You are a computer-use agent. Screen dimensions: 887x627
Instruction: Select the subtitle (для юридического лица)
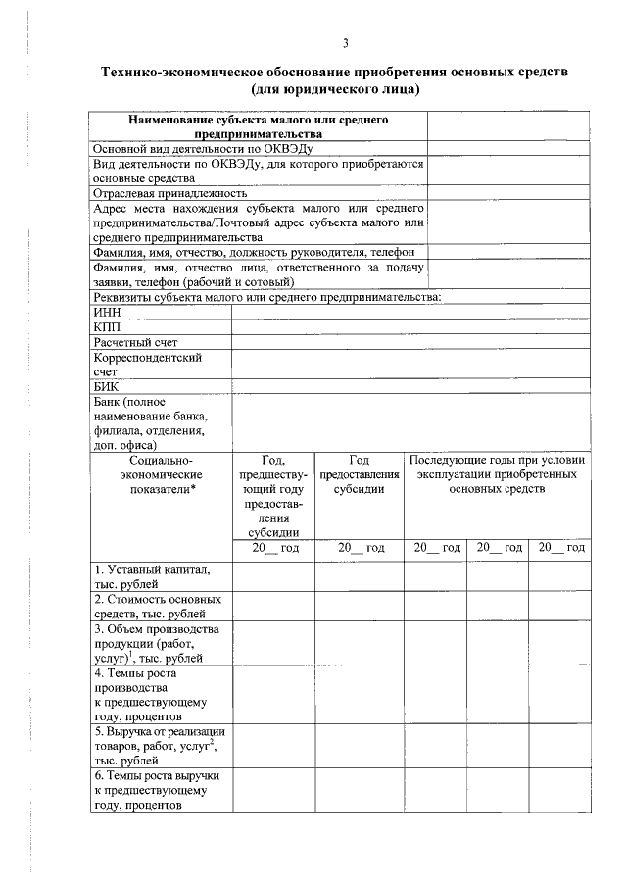334,90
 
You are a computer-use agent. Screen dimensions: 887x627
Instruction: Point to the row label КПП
107,326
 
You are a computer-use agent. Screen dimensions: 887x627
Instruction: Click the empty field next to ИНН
410,312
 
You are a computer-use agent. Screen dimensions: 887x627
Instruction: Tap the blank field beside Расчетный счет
410,342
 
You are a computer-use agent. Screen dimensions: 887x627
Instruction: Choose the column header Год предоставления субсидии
359,474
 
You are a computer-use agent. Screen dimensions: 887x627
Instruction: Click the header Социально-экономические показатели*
161,474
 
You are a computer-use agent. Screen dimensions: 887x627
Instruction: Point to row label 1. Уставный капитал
151,576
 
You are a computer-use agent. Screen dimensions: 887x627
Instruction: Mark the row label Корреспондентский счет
147,365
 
